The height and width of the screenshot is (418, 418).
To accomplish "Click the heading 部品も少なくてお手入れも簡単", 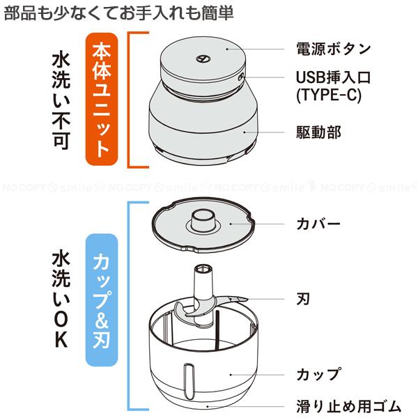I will click(x=118, y=13).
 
